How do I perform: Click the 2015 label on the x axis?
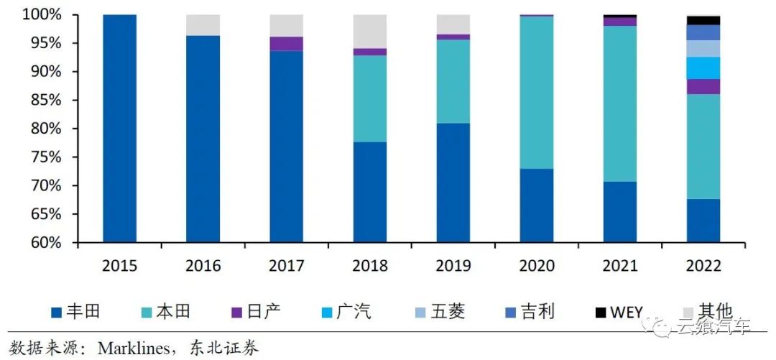pos(119,266)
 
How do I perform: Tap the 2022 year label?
pos(703,266)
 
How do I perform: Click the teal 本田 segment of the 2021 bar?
pos(620,103)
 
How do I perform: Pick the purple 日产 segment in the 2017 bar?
pos(286,44)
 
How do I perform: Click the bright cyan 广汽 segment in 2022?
pos(703,68)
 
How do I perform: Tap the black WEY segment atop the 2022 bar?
pos(703,20)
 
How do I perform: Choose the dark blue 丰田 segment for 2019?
pos(453,183)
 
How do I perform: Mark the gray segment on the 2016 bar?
pos(203,25)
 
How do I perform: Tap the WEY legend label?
pos(626,312)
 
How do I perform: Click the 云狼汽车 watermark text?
pos(711,328)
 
